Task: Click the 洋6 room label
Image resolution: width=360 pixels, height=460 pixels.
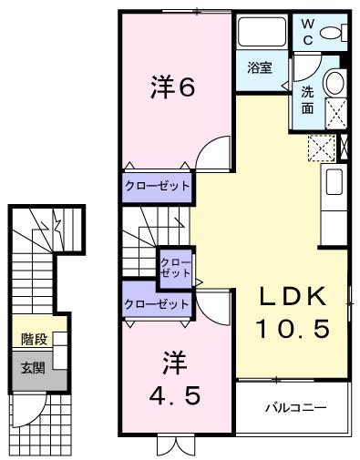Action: click(172, 88)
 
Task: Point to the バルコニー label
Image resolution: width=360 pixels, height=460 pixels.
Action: click(294, 407)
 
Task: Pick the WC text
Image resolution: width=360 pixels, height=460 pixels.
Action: click(307, 33)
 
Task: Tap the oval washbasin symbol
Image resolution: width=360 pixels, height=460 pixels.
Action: click(334, 83)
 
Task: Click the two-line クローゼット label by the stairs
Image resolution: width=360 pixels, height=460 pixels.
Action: click(174, 267)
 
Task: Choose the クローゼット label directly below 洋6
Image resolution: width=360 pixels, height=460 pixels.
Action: click(158, 186)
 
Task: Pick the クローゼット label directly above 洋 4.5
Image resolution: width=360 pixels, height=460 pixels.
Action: click(156, 303)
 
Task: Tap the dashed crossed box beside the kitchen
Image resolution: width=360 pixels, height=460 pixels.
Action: click(322, 147)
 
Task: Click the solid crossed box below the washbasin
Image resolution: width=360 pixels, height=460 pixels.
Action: click(334, 114)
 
